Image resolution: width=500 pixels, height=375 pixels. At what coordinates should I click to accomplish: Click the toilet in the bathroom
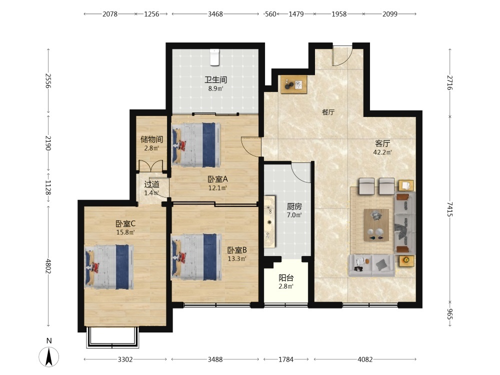214,57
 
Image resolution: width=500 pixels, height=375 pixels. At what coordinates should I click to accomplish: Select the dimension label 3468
215,14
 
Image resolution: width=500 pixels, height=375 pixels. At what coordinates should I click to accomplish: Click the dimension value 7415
450,209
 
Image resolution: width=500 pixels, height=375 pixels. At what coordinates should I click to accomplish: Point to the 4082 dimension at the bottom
365,359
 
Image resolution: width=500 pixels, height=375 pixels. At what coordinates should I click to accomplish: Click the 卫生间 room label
216,79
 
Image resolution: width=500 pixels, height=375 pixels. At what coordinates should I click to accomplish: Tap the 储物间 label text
152,139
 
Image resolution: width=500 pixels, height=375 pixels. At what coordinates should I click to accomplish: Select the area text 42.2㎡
382,152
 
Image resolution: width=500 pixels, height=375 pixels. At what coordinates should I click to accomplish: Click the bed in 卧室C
109,267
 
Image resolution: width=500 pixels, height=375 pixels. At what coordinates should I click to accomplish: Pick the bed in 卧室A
196,145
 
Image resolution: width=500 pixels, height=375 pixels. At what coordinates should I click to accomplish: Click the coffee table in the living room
376,225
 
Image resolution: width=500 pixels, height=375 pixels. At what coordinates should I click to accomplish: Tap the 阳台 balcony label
286,277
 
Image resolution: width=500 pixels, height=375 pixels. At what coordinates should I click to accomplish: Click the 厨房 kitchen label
294,206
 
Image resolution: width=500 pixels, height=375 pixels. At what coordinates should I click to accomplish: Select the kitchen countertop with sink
269,221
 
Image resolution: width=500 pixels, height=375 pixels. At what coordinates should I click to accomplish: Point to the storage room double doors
151,166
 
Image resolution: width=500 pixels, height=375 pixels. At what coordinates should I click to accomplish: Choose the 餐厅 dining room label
328,112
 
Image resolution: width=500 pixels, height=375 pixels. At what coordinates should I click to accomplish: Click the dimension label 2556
48,80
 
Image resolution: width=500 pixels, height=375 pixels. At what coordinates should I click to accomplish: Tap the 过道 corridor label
152,184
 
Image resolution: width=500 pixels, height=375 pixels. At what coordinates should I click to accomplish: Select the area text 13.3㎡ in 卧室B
237,259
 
